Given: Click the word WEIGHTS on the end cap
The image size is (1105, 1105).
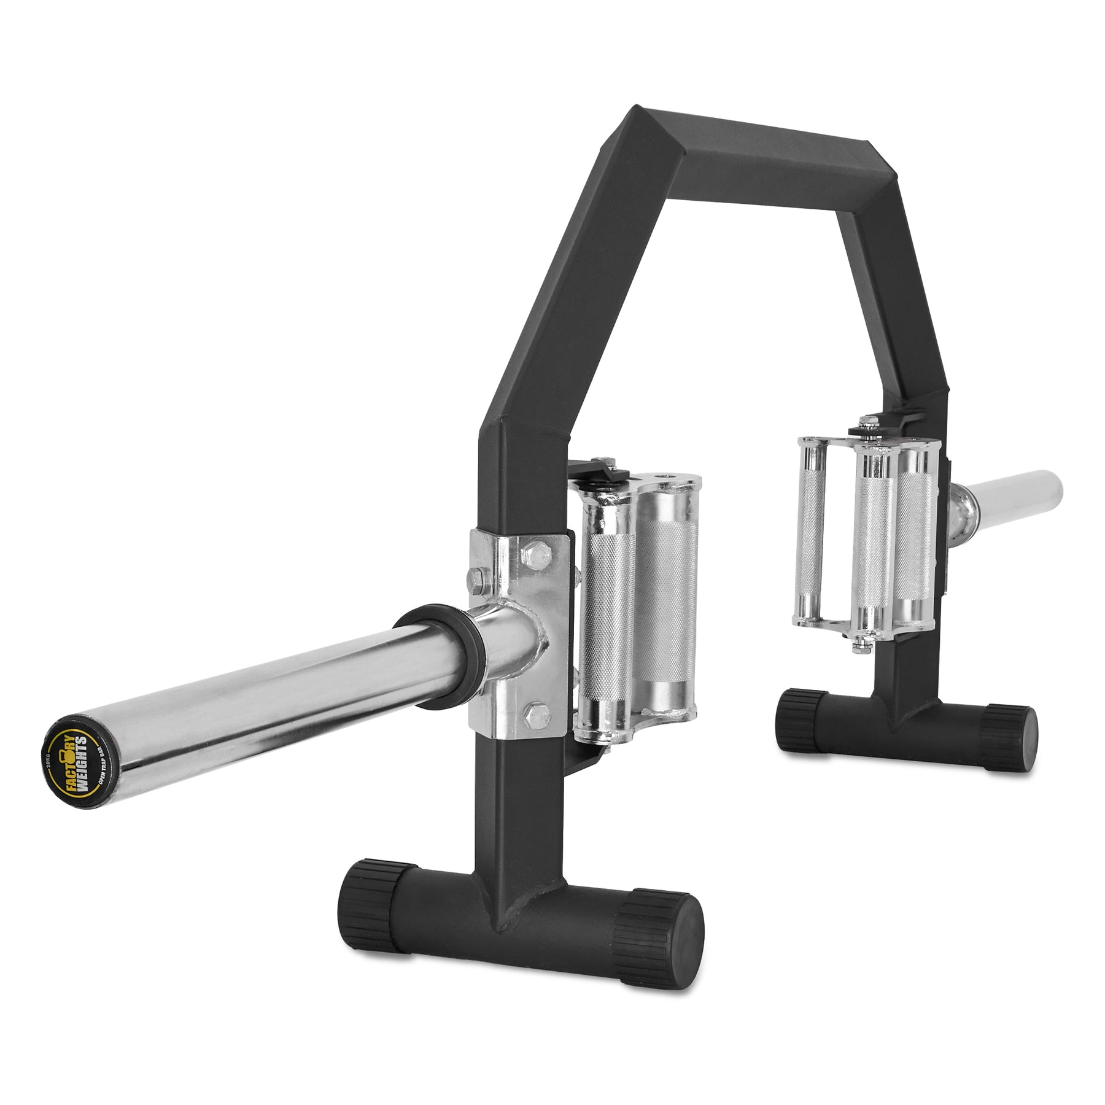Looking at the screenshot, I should [x=82, y=758].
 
